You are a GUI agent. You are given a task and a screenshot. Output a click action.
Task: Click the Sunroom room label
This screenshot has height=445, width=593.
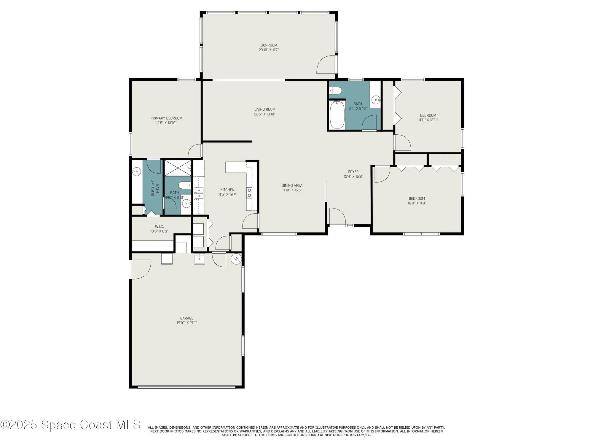(x=269, y=45)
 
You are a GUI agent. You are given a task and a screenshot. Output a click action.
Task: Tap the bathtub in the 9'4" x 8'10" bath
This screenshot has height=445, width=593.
(x=337, y=115)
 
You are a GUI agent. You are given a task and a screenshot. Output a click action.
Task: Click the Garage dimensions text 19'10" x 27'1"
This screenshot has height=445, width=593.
(x=186, y=323)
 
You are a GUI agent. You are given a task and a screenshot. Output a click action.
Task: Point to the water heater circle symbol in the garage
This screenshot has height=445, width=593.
(x=236, y=259)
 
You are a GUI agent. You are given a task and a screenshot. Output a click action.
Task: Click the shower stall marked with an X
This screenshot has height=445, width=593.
(x=178, y=168)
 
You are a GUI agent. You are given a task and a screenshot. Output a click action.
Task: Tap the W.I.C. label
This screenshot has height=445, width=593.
(x=159, y=227)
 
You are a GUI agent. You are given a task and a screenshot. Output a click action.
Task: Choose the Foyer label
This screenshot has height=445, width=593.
(x=353, y=172)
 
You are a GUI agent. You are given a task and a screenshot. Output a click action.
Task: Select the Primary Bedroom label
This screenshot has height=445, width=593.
(x=166, y=118)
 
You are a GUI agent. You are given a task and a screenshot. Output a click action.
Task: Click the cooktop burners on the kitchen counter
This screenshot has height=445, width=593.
(x=249, y=193)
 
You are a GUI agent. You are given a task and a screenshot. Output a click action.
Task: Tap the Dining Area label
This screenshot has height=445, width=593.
(x=292, y=185)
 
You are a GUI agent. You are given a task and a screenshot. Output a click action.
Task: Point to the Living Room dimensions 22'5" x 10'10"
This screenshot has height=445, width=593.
(x=264, y=114)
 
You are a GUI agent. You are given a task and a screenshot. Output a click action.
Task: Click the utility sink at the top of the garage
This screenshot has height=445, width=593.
(x=199, y=259)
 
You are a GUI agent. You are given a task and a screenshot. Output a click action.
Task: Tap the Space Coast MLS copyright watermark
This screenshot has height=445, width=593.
(x=70, y=425)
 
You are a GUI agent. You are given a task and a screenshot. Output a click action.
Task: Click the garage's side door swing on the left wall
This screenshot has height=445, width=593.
(x=141, y=269)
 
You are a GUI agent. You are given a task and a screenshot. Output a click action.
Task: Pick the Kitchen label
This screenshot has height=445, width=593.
(x=227, y=190)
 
